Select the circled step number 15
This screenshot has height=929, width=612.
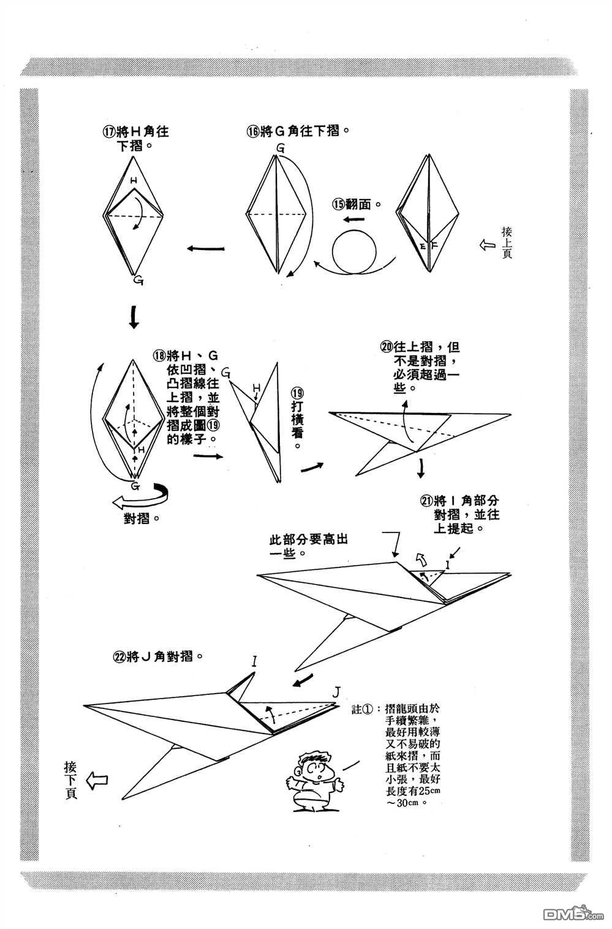coord(339,203)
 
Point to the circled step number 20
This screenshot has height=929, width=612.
coord(386,347)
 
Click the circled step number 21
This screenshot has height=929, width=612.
coord(427,501)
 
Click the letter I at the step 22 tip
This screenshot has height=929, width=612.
coord(253,661)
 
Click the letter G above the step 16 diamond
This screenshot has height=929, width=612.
coord(280,148)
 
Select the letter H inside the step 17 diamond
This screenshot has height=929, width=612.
coord(134,181)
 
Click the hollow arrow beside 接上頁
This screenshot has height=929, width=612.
coord(488,245)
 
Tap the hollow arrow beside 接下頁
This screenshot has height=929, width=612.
coord(97,780)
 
